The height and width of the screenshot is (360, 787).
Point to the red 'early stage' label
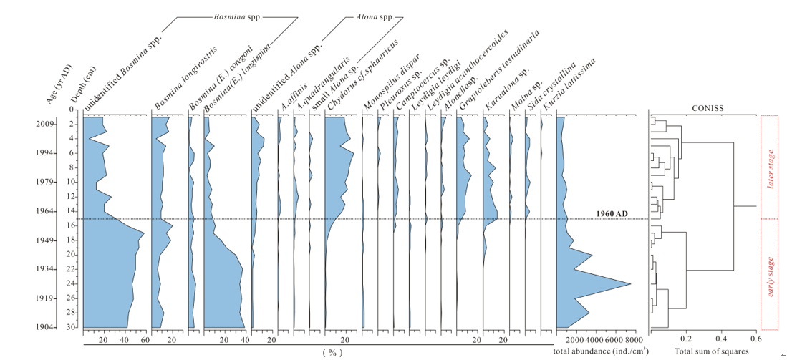(x=771, y=276)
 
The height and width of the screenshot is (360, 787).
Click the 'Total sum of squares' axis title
(x=710, y=351)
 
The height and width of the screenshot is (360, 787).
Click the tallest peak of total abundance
(x=629, y=284)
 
